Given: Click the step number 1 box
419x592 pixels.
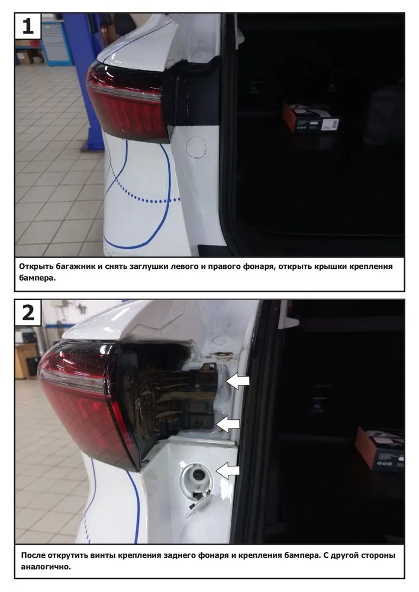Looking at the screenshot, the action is (x=28, y=26).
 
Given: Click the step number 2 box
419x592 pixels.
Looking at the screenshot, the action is (x=28, y=313).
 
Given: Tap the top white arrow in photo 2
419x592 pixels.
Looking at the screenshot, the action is (x=238, y=381).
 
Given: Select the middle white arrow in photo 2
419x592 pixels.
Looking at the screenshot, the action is (x=228, y=424).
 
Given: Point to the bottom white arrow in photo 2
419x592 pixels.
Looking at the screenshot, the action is (x=228, y=471).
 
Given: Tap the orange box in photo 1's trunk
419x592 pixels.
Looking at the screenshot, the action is (x=312, y=117).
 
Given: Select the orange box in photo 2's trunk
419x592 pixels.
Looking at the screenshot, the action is (x=379, y=449).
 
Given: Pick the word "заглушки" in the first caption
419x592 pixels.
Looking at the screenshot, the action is (x=149, y=266).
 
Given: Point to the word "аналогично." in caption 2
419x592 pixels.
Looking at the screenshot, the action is (x=46, y=567).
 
